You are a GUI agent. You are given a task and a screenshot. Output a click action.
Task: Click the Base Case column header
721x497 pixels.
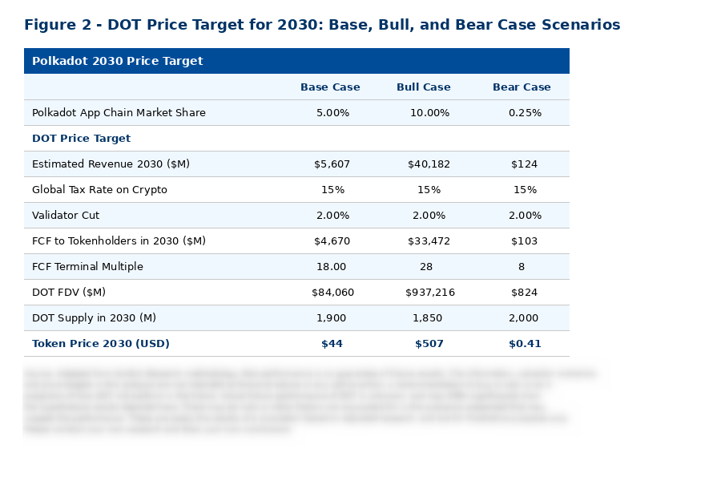coord(330,87)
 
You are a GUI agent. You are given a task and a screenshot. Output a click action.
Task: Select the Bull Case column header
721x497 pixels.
coord(423,87)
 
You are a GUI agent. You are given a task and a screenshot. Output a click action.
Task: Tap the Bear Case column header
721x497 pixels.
coord(522,87)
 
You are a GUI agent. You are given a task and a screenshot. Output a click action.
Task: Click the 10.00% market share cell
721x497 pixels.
coord(429,113)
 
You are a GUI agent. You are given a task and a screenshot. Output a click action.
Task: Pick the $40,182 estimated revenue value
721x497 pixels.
coord(429,164)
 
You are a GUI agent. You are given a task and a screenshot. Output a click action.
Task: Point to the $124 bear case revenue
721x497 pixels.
coord(524,164)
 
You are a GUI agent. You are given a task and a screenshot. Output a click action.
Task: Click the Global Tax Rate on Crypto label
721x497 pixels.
coord(99,190)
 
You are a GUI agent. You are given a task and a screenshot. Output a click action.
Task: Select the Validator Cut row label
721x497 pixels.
coord(66,216)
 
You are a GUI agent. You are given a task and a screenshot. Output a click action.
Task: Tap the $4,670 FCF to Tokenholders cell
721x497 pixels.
coord(332,241)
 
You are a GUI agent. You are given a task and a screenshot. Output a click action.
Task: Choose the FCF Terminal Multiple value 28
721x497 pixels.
coord(425,267)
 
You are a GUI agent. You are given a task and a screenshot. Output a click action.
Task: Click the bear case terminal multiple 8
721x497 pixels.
coord(522,267)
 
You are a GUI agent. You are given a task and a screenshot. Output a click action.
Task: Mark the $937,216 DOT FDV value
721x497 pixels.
coord(429,293)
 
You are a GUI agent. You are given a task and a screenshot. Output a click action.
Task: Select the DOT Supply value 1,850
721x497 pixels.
coord(427,318)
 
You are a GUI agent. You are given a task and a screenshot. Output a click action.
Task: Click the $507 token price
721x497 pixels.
coord(429,344)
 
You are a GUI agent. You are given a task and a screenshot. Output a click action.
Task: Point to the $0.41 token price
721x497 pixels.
coord(525,344)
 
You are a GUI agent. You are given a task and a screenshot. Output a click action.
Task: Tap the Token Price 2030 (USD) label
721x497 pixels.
coord(101,344)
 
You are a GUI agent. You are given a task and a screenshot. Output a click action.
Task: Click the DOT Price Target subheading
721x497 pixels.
coord(81,139)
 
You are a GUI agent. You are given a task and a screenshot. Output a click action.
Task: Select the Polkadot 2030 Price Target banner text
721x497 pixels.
coord(117,61)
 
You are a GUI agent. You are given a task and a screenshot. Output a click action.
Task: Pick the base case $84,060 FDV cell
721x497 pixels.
coord(332,293)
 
